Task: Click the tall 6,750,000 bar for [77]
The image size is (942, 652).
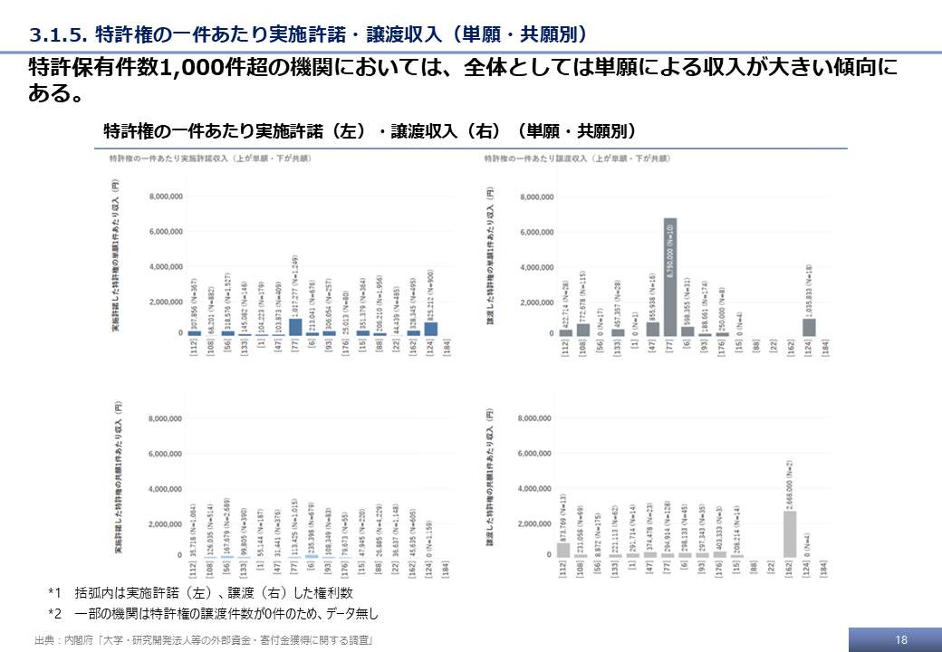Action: (670, 277)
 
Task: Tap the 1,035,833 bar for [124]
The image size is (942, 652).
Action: (809, 327)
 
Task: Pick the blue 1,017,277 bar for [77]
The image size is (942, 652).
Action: (295, 327)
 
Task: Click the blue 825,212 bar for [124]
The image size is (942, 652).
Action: (431, 330)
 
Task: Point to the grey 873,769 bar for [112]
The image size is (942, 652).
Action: (564, 550)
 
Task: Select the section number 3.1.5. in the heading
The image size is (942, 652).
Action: (58, 34)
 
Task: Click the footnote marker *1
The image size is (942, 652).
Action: (54, 593)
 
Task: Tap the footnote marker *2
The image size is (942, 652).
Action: (54, 613)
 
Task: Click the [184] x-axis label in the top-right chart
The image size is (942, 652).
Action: (825, 351)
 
